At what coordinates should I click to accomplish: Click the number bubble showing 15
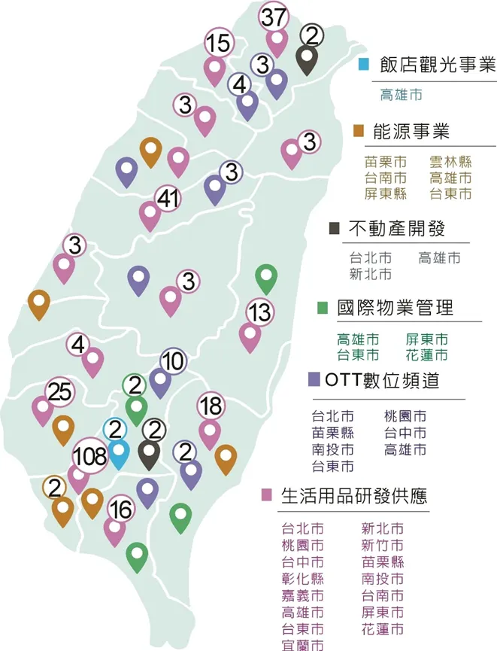pos(218,44)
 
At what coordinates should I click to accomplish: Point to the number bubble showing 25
pos(59,391)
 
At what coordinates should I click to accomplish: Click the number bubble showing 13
pos(260,311)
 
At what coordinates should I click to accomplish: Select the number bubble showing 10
pos(173,361)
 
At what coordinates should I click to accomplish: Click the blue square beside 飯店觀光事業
pos(363,65)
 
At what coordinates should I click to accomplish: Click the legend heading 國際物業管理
pos(395,307)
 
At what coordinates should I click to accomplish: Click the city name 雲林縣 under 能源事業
pos(450,162)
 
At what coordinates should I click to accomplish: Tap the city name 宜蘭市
pos(302,645)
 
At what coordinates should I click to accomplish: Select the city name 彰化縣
pos(302,579)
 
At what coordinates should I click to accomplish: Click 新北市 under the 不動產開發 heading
pos(370,273)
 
